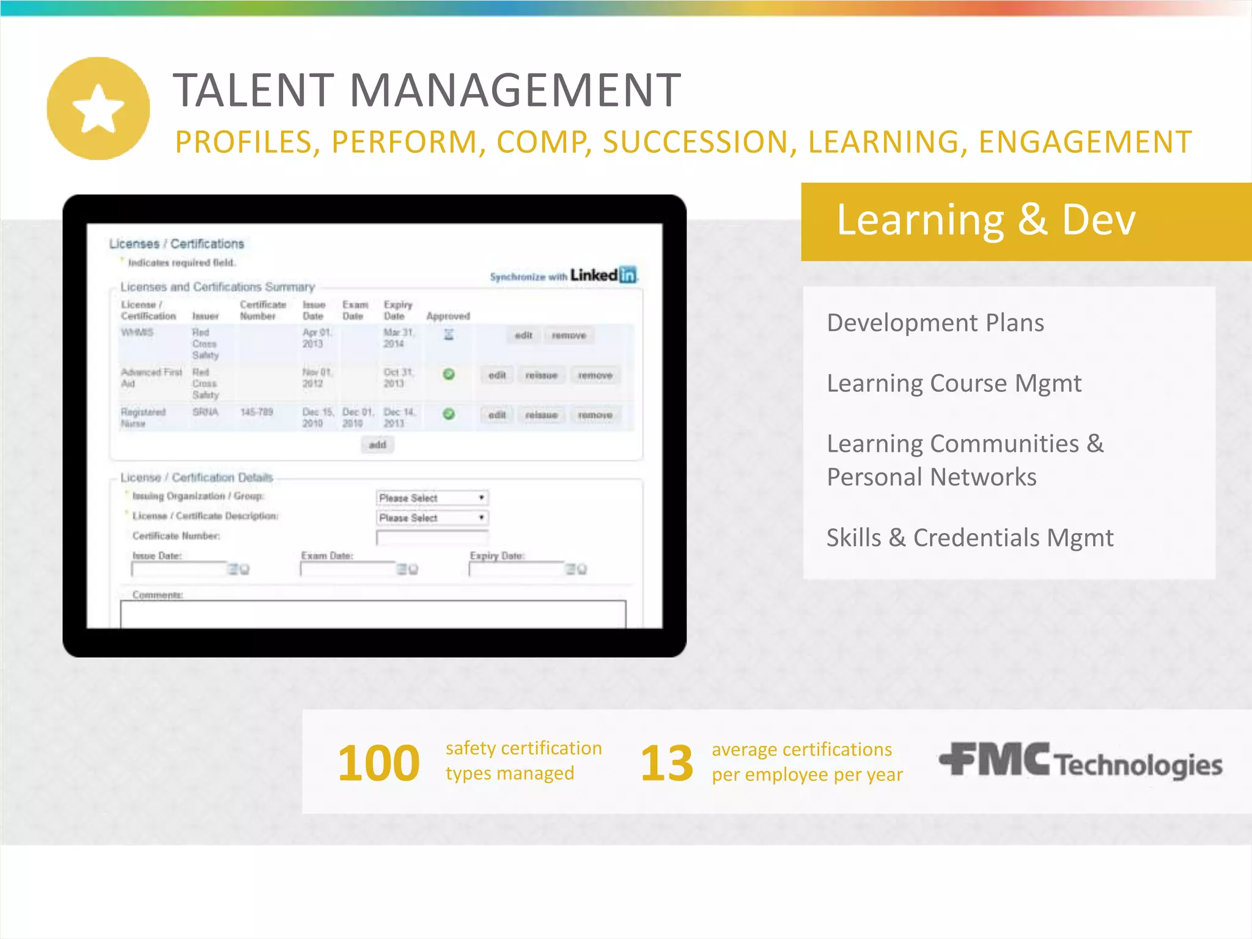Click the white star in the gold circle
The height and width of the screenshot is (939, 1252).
[98, 109]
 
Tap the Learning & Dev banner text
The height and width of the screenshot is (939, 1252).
[985, 220]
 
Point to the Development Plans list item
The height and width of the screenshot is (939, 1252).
[935, 323]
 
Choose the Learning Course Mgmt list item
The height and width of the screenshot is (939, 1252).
[954, 383]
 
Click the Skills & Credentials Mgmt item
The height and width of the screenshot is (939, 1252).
[970, 538]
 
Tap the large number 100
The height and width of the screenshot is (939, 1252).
[378, 763]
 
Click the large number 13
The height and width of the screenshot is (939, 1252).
[666, 763]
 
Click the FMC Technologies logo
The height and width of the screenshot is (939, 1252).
[1080, 762]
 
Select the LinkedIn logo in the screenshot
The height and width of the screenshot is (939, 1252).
[603, 275]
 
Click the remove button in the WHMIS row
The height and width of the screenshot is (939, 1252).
[569, 336]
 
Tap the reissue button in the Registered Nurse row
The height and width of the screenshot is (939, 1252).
[542, 415]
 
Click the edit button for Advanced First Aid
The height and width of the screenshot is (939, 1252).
[497, 375]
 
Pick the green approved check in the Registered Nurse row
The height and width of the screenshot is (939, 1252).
[449, 414]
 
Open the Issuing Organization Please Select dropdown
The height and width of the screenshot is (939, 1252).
[432, 498]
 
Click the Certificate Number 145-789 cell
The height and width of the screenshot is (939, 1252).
[257, 412]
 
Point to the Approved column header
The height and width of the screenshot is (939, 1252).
[448, 316]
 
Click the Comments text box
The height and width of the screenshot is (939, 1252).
[373, 614]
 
